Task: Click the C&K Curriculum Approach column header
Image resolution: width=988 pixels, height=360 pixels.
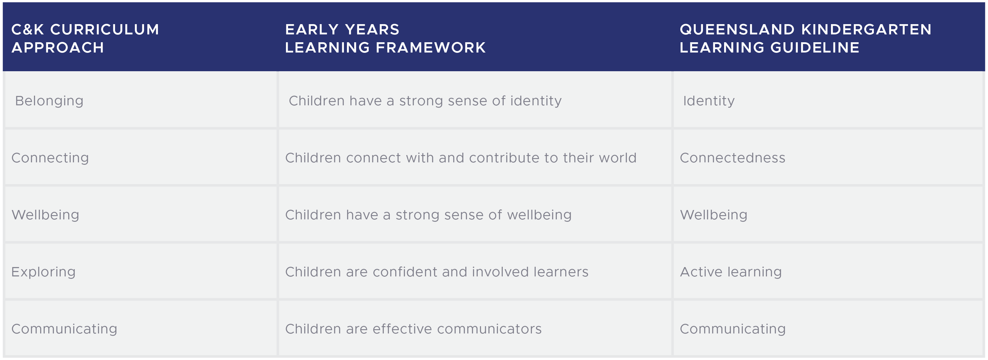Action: [x=85, y=38]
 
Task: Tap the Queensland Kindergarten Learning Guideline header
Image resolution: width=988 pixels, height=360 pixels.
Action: [x=805, y=38]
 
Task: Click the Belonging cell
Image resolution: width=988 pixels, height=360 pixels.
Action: [x=49, y=101]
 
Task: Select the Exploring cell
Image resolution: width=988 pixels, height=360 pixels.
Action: [x=43, y=272]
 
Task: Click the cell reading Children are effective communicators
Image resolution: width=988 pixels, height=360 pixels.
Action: [x=413, y=329]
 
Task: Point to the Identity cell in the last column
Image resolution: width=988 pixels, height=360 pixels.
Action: [x=709, y=101]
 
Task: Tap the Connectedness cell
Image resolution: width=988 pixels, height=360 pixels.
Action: [x=733, y=158]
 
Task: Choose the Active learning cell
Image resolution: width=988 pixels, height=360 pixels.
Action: [x=731, y=272]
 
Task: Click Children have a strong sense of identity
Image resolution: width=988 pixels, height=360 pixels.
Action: [x=425, y=101]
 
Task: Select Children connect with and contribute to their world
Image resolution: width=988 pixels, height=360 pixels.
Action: [x=460, y=158]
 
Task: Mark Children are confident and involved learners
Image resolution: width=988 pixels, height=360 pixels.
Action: [x=436, y=272]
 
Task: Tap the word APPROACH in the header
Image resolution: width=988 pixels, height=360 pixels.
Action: [x=58, y=48]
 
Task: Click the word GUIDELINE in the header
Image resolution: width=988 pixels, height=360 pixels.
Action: [x=815, y=48]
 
